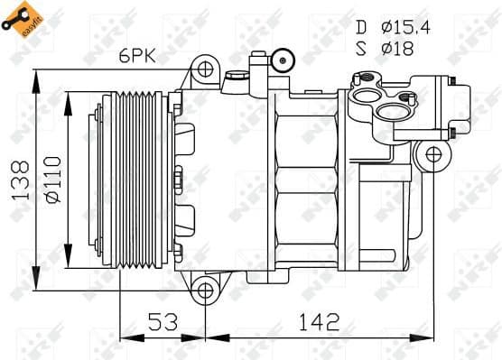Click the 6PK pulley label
click(x=138, y=56)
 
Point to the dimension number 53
click(x=163, y=321)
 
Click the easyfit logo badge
click(x=25, y=22)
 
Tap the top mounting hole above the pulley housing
click(x=206, y=69)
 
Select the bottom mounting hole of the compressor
click(x=206, y=290)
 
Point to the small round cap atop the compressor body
click(x=284, y=60)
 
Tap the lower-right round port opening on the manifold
click(x=390, y=113)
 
